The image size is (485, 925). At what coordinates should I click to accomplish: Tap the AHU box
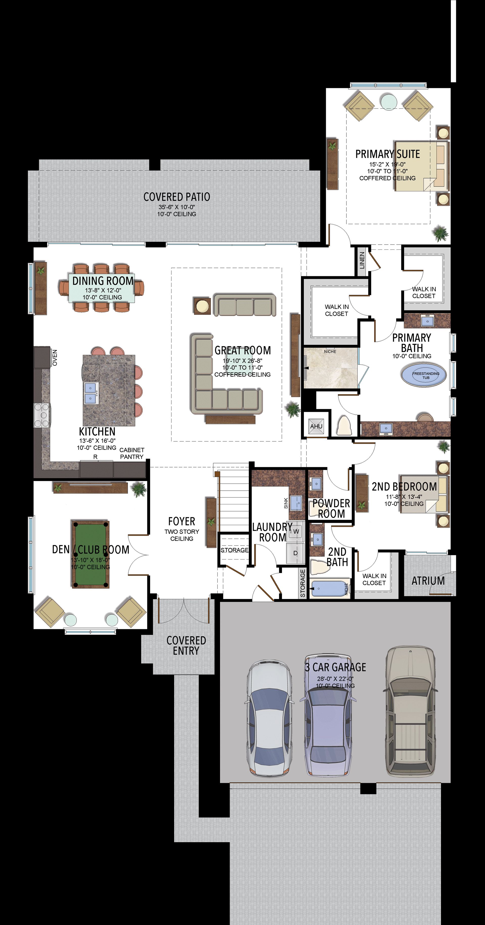[316, 426]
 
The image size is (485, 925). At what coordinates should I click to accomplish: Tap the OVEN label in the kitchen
[55, 358]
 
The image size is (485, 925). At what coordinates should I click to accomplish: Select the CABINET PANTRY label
[132, 453]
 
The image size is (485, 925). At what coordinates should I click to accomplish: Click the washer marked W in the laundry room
[296, 531]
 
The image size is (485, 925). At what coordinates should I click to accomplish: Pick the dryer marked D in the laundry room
[295, 553]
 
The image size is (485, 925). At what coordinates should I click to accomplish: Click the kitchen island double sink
[90, 393]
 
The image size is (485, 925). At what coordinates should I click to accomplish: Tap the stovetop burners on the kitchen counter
[42, 415]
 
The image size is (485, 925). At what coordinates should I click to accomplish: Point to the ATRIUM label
[428, 581]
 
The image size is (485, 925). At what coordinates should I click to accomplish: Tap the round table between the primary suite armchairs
[389, 102]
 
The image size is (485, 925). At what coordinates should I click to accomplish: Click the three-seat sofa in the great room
[245, 305]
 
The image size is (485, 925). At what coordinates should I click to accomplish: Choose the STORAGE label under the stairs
[234, 550]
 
